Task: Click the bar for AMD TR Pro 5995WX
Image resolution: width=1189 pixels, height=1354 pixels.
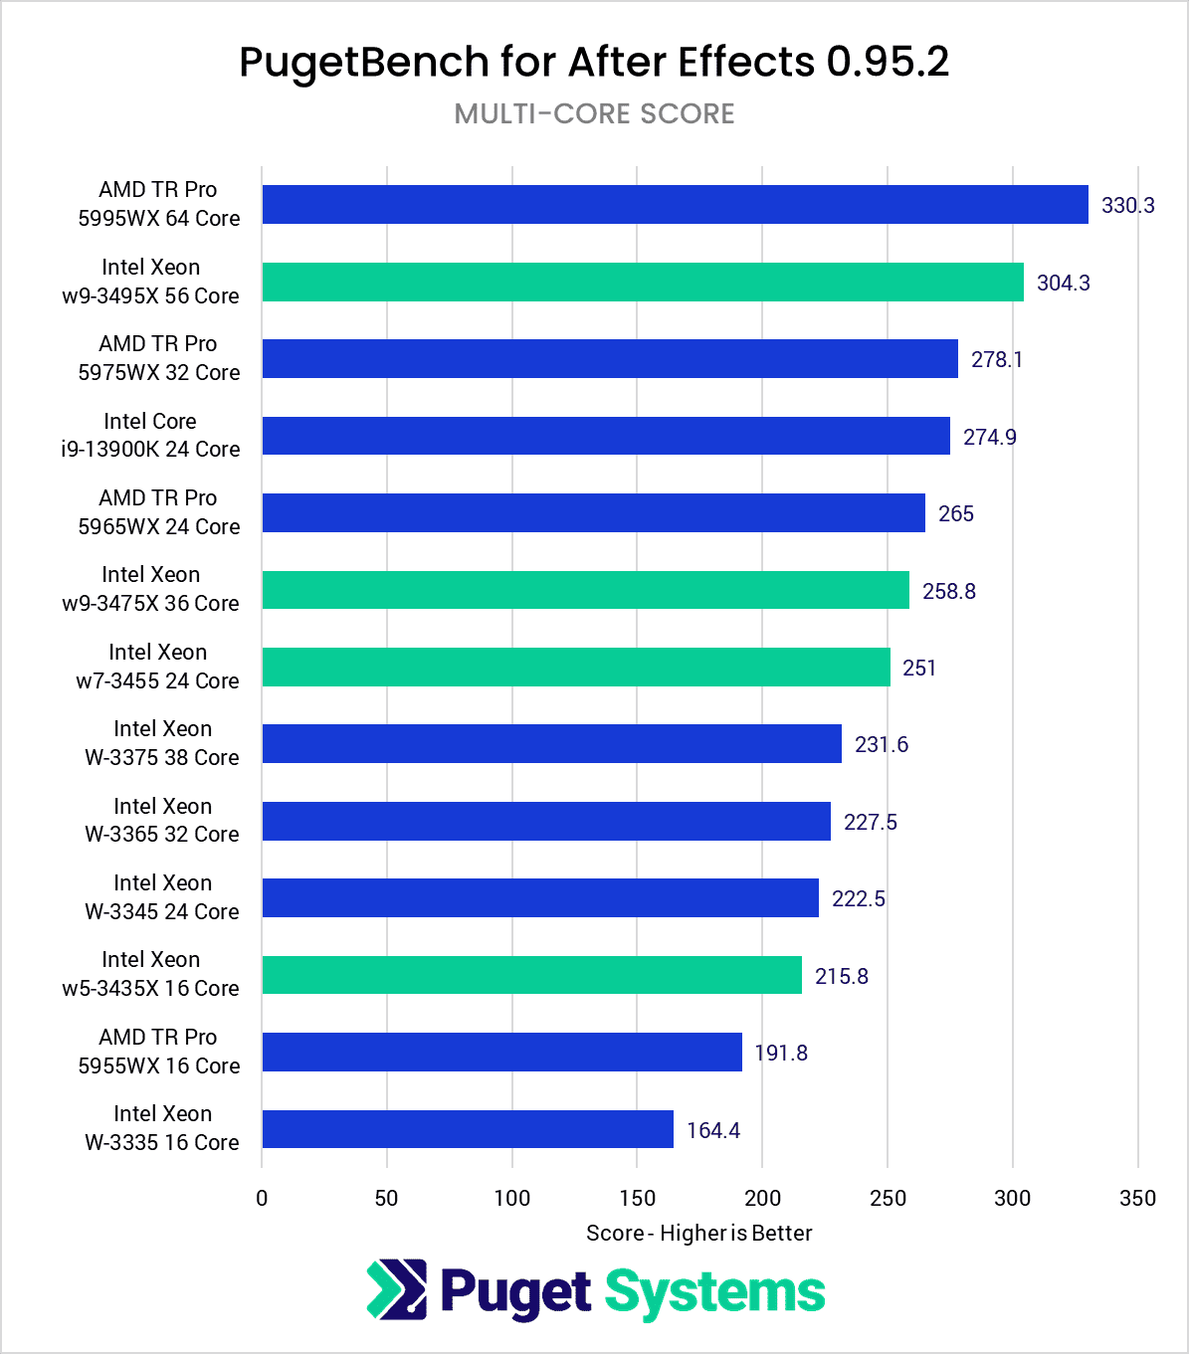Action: [x=675, y=205]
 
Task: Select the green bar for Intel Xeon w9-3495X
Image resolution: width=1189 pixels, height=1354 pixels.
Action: [x=643, y=283]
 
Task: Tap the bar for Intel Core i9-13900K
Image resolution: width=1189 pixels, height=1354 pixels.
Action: [x=606, y=437]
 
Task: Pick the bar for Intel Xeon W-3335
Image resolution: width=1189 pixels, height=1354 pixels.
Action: [x=468, y=1130]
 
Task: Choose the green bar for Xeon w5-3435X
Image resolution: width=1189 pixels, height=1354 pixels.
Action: [x=531, y=976]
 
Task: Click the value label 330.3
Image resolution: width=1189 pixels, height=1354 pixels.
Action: [x=1127, y=206]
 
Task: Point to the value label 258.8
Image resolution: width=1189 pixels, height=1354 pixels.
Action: [x=948, y=592]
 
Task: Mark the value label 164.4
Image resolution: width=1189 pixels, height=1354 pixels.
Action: [x=712, y=1131]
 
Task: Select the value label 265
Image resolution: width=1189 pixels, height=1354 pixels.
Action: [x=955, y=514]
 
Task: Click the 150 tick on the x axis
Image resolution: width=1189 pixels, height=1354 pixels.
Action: [x=637, y=1199]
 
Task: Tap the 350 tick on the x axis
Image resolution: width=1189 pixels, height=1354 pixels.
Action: [x=1137, y=1199]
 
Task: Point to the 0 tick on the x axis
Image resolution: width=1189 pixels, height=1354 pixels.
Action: [x=262, y=1199]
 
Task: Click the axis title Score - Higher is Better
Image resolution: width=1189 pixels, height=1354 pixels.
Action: [x=698, y=1234]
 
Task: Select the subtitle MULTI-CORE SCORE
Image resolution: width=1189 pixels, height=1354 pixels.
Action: [x=594, y=114]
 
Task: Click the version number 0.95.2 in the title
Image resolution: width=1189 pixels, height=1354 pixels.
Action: [x=887, y=63]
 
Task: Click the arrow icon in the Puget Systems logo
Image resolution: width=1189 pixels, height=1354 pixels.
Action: [x=397, y=1290]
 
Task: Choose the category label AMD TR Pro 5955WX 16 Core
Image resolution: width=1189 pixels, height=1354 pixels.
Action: [x=159, y=1052]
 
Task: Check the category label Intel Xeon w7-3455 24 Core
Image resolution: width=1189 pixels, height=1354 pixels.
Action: [x=158, y=667]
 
